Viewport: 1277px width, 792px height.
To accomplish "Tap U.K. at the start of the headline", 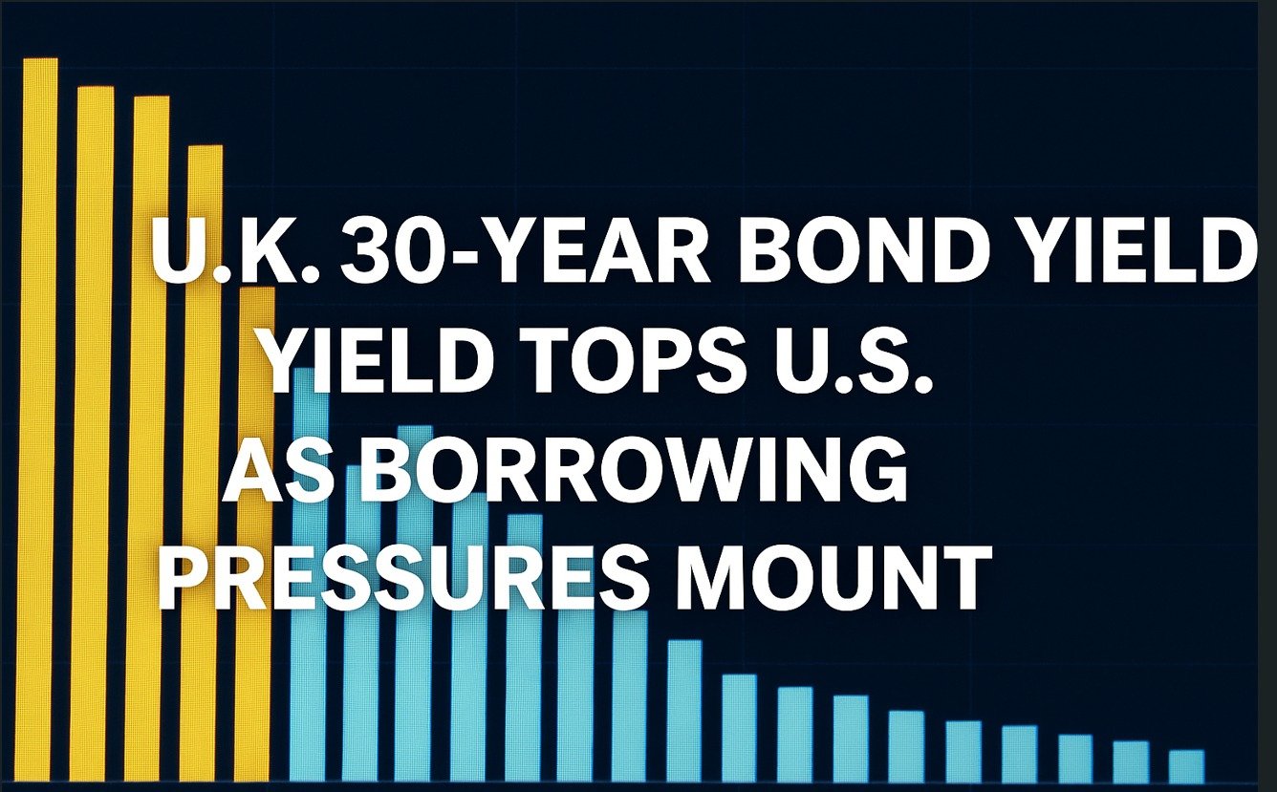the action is (x=235, y=252).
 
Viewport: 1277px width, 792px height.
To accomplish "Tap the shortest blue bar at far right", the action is (x=1186, y=766).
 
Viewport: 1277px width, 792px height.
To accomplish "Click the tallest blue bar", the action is (x=310, y=575).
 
